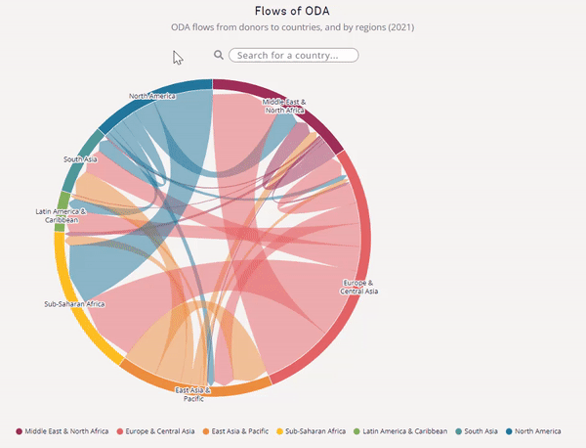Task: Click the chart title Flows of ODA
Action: point(292,11)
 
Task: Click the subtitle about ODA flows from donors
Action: point(292,27)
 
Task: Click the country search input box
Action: point(293,56)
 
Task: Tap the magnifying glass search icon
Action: point(219,56)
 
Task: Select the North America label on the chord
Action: point(151,96)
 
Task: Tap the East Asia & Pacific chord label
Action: point(193,394)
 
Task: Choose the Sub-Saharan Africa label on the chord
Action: point(74,304)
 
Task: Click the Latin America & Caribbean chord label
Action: point(61,215)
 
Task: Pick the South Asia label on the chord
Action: point(80,159)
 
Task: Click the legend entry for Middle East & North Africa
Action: point(63,431)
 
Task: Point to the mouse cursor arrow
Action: point(177,56)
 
